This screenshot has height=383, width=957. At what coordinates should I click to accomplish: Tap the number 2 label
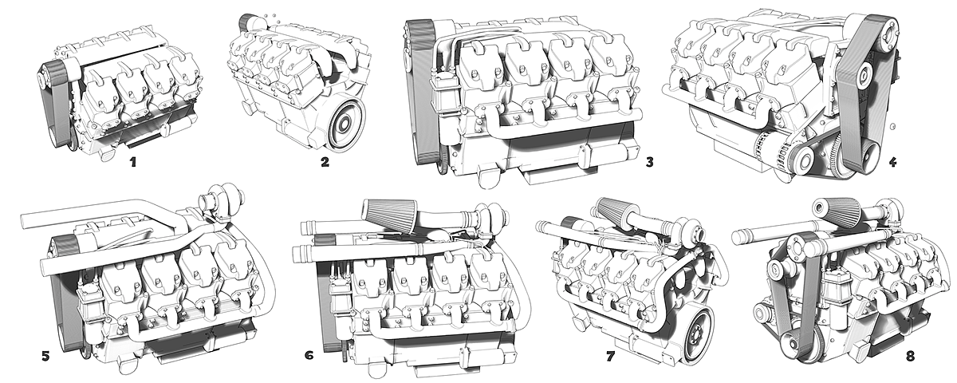[325, 163]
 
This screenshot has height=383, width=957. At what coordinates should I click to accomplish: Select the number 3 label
[650, 163]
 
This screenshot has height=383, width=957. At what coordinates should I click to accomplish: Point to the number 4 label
[892, 162]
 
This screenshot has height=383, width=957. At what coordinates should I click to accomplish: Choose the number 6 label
[309, 354]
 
